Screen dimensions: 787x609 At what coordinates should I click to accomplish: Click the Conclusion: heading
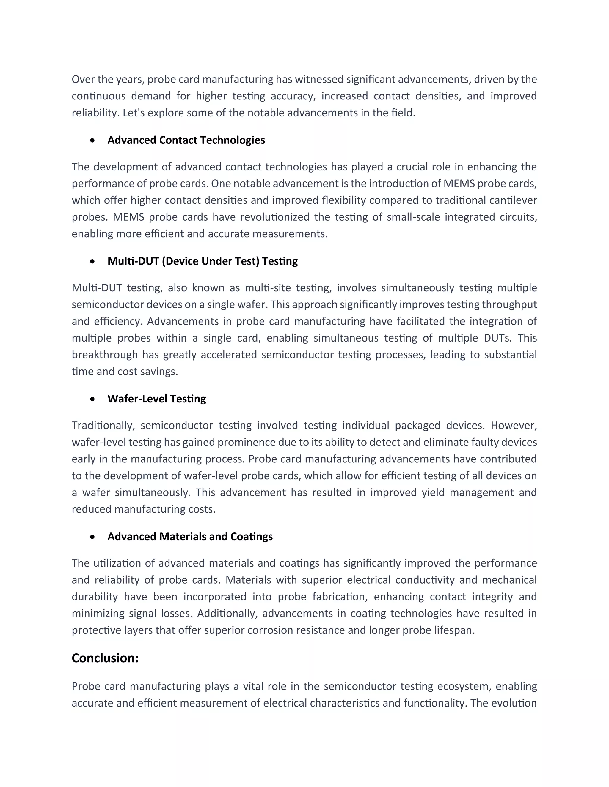[x=105, y=658]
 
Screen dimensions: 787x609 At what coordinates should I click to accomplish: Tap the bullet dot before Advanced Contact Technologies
[x=93, y=140]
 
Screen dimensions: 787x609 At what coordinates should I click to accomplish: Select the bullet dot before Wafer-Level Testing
[x=93, y=399]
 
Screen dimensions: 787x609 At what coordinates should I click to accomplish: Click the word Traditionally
[x=103, y=425]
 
